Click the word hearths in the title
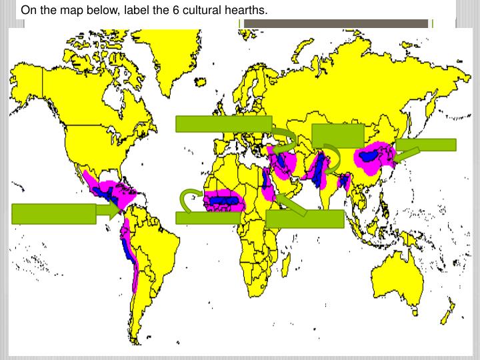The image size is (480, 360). [x=245, y=11]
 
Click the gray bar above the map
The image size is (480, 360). [x=335, y=23]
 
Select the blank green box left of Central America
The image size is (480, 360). [x=54, y=213]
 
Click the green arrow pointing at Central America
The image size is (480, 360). [x=109, y=212]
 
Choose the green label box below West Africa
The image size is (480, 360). [x=208, y=217]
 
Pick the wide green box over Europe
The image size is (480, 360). [x=223, y=124]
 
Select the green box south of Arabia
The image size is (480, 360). [x=305, y=219]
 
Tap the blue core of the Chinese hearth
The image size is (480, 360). [x=368, y=156]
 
